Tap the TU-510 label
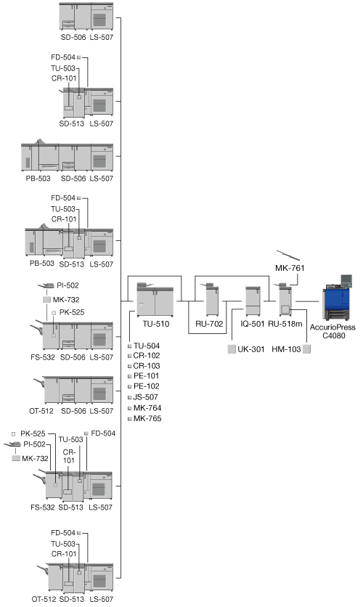point(156,324)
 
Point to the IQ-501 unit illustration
point(253,301)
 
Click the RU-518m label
point(285,324)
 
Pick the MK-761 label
point(290,268)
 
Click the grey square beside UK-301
point(232,349)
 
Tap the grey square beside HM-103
point(306,349)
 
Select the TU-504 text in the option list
point(147,346)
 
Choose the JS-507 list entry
point(145,396)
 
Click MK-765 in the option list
point(147,418)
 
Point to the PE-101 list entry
point(146,375)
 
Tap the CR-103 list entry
point(147,365)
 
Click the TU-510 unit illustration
point(155,299)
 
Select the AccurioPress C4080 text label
point(333,331)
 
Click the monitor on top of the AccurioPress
point(346,280)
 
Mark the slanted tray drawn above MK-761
point(288,255)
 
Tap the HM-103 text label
point(286,349)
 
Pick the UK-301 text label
point(251,349)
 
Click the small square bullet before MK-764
point(130,408)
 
